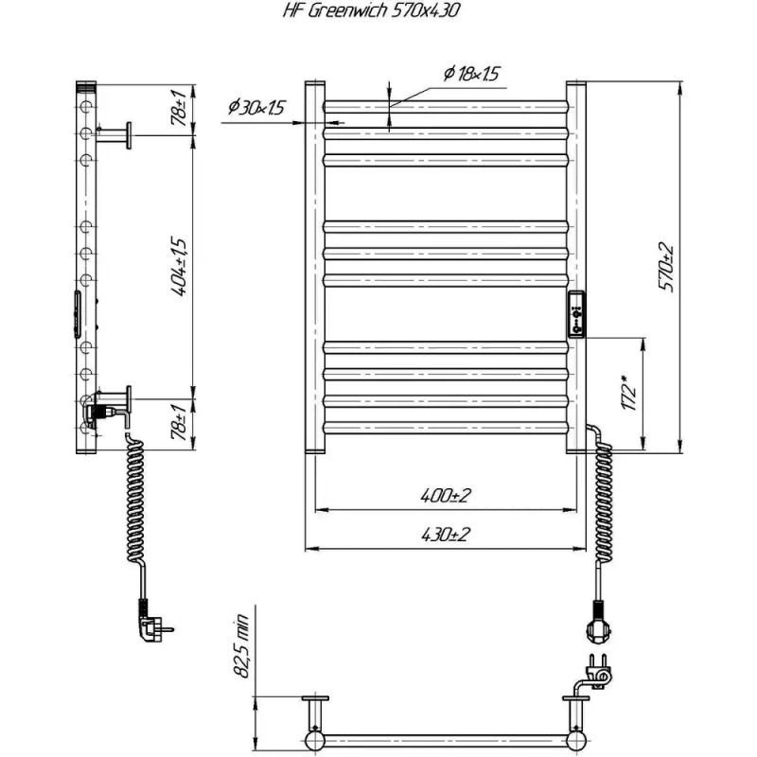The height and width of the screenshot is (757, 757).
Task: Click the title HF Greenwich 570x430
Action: pyautogui.click(x=371, y=10)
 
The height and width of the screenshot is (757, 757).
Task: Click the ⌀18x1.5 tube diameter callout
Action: pyautogui.click(x=471, y=74)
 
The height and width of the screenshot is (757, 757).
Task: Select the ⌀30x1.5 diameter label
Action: pyautogui.click(x=256, y=107)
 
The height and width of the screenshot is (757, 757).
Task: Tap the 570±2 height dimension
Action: pyautogui.click(x=666, y=267)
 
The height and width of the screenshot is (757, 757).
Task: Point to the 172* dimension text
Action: pyautogui.click(x=628, y=393)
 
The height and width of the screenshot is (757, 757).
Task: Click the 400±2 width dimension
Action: pyautogui.click(x=445, y=496)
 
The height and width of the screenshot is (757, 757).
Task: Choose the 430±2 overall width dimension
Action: pyautogui.click(x=445, y=535)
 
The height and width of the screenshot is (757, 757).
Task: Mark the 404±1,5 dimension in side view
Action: pyautogui.click(x=178, y=267)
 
